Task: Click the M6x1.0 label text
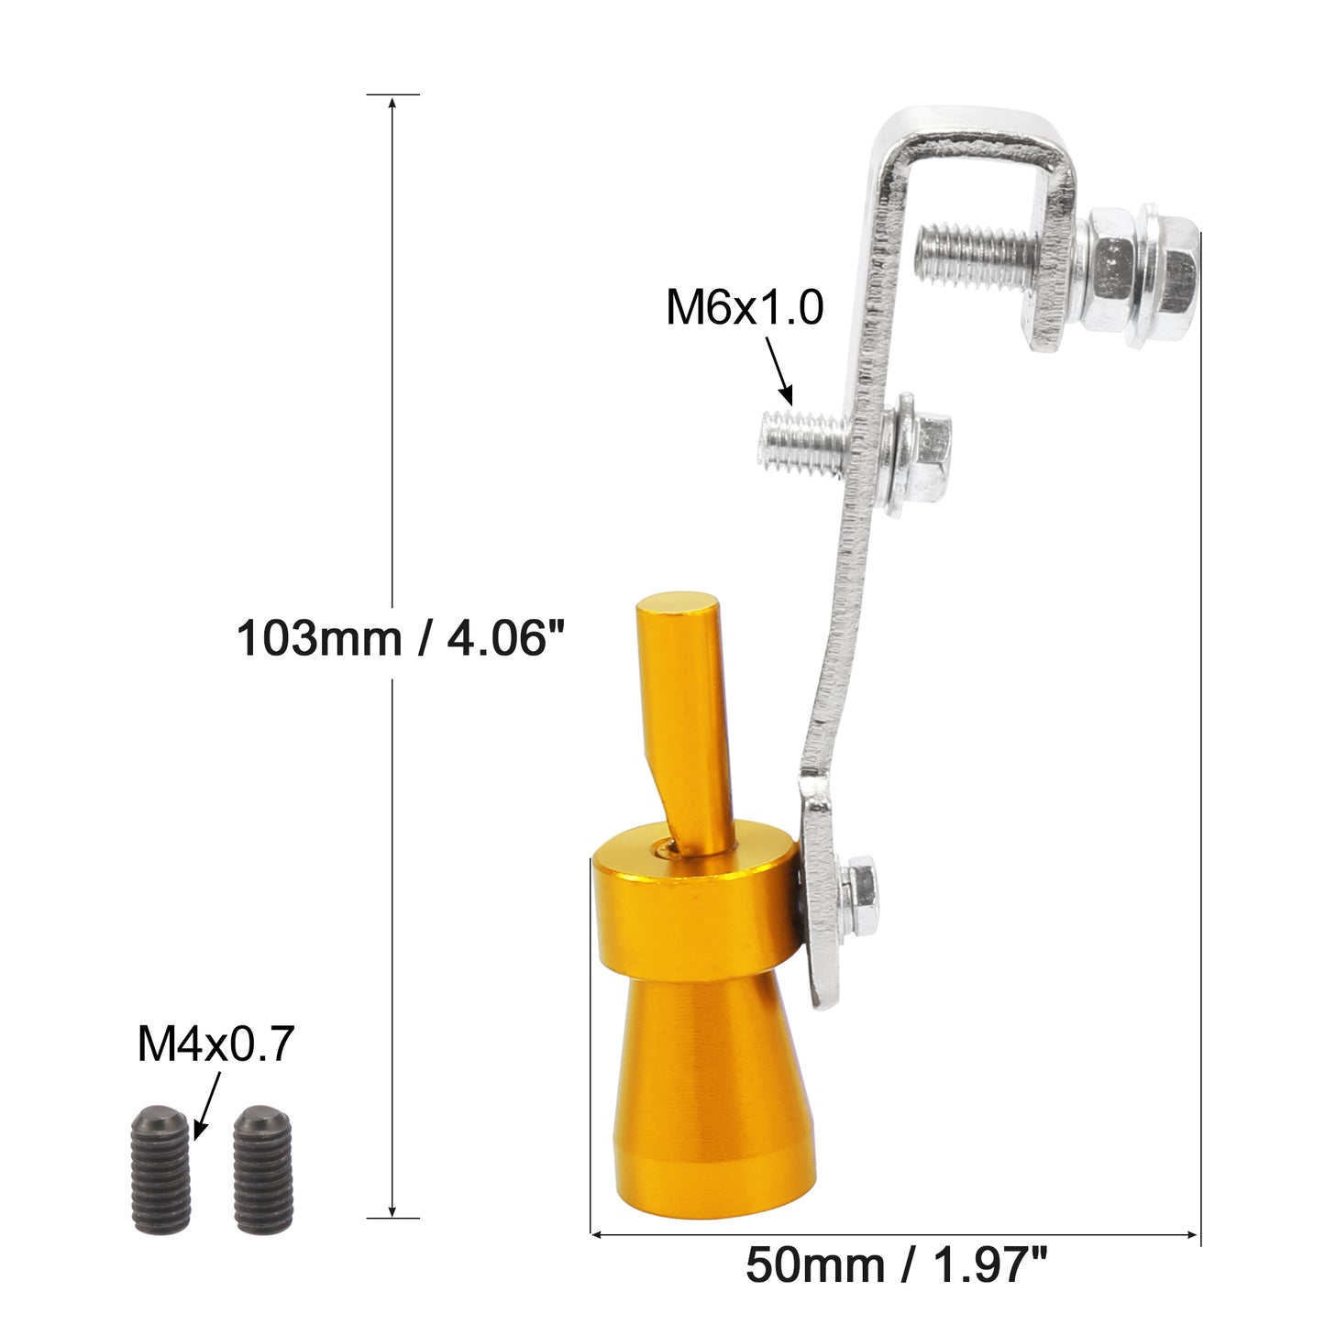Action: (x=745, y=307)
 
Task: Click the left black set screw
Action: (x=161, y=1167)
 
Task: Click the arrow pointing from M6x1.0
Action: (x=779, y=370)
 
